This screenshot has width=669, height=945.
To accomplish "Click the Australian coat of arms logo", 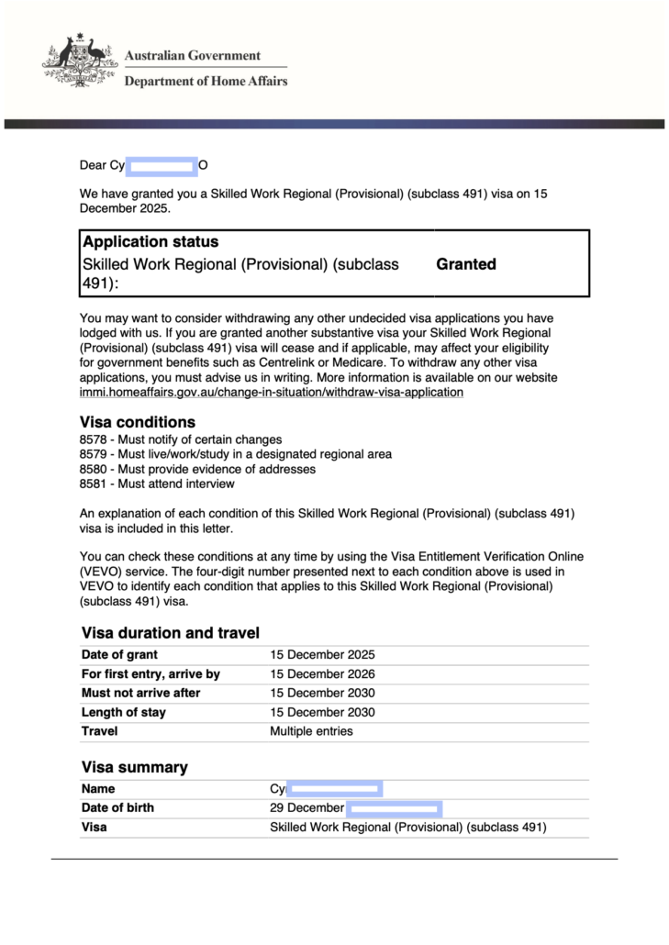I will point(81,62).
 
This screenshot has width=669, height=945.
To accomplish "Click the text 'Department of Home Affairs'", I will point(206,81).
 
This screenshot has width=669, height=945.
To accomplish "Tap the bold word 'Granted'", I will point(466,264).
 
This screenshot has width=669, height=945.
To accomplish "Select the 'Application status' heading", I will point(151,242).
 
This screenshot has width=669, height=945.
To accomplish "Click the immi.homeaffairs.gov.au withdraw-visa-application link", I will point(272,393).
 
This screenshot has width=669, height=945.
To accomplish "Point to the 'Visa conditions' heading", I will point(138,423).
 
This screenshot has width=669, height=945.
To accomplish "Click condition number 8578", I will point(93,439).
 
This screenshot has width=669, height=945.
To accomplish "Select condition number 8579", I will point(93,454).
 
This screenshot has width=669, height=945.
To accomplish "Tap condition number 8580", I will point(93,469).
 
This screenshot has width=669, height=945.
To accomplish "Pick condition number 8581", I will point(93,484).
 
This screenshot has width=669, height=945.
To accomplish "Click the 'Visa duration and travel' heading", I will point(171,633).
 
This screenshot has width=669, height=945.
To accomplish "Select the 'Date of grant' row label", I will point(119,655).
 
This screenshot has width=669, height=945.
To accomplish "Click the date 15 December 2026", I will point(322,674).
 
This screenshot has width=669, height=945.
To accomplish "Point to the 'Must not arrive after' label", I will point(140,693).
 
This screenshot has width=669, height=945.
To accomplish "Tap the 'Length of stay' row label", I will point(124,712).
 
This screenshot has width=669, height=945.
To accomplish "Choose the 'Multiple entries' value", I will point(311,731).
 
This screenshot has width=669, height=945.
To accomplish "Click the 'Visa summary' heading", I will point(135,767).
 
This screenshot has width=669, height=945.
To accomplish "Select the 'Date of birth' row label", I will point(117,808).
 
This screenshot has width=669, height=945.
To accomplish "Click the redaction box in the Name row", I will point(334,789).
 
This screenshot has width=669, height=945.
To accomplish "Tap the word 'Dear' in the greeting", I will point(93,165).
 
